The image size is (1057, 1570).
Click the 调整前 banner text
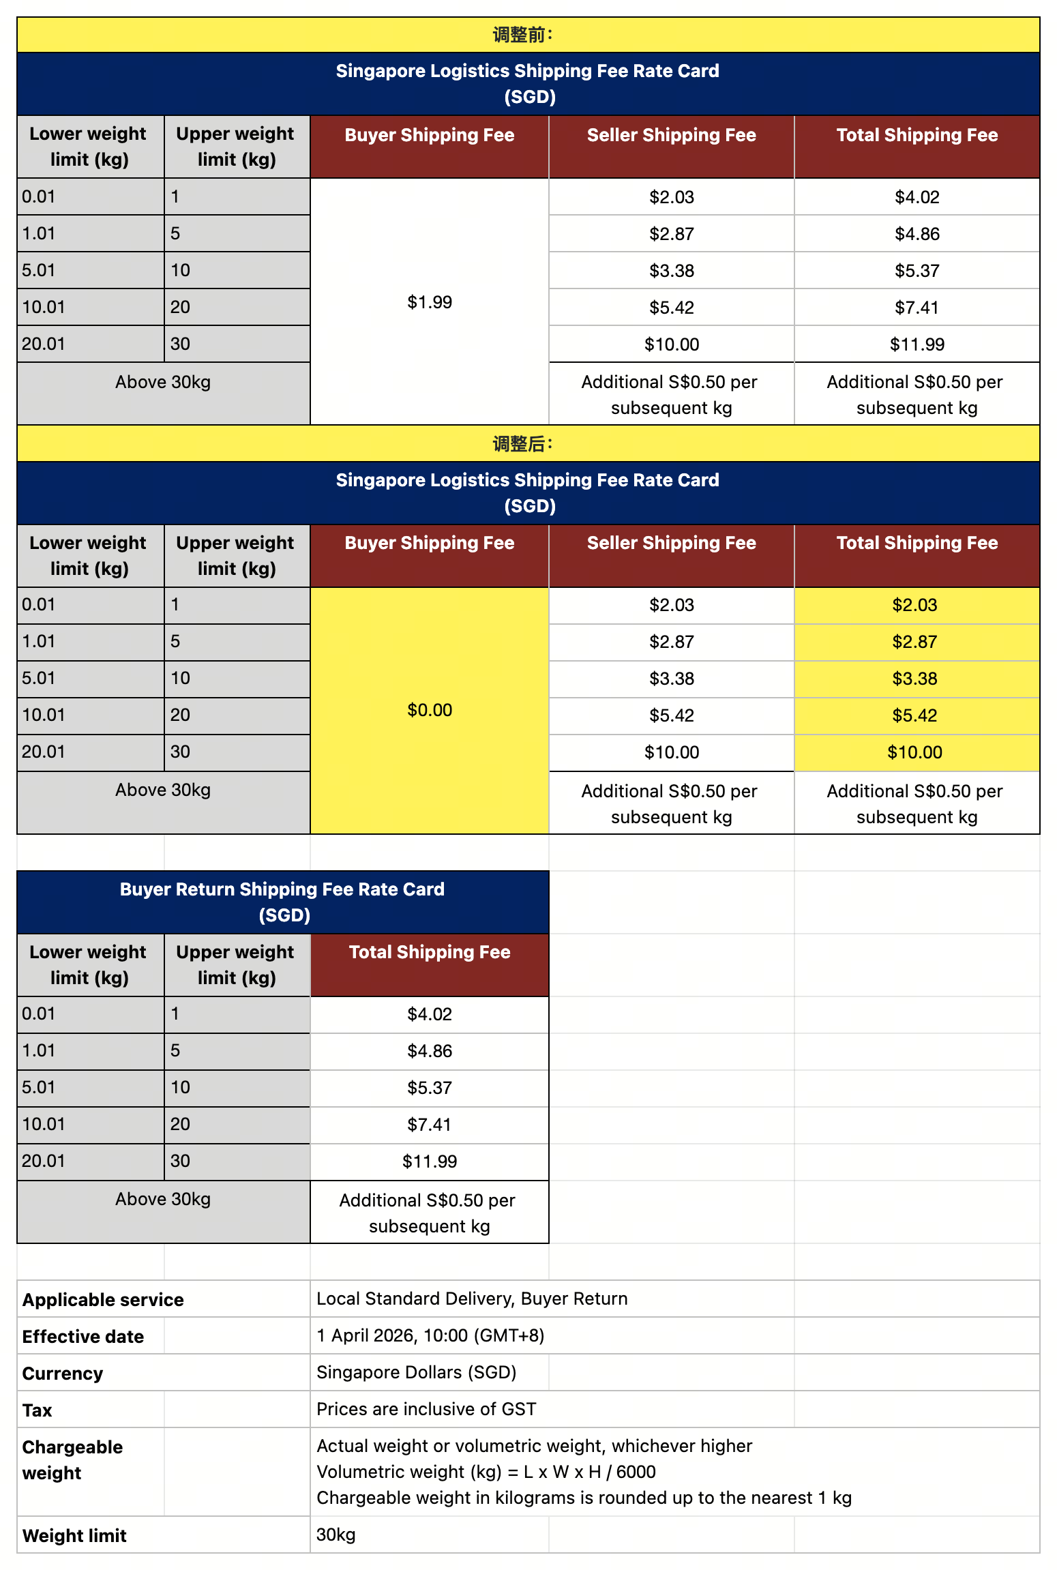(522, 35)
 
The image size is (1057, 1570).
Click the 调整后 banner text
(522, 444)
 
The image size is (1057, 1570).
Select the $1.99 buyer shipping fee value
(430, 302)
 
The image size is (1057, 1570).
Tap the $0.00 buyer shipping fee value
(430, 710)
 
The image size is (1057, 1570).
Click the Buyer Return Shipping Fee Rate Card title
(282, 902)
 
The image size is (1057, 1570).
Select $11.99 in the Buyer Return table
(430, 1161)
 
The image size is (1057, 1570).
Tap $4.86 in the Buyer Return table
(430, 1051)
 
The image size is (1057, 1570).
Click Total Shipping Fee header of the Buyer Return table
(430, 952)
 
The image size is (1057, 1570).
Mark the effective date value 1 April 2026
(430, 1335)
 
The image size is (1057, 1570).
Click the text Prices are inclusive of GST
(426, 1409)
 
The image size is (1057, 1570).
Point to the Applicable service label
(103, 1299)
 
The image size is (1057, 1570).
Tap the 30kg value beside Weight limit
(336, 1535)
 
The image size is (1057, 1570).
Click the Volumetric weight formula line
(486, 1472)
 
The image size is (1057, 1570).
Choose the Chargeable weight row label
(72, 1460)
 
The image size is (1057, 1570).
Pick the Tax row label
(38, 1410)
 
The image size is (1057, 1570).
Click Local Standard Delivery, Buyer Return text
(472, 1299)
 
